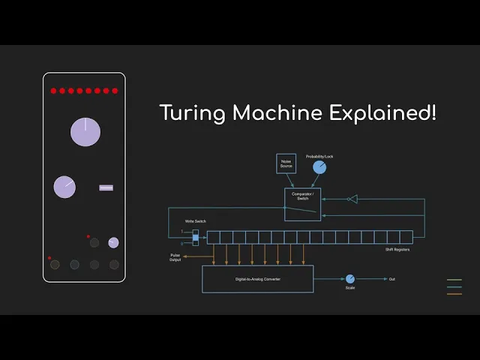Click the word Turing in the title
[x=193, y=114]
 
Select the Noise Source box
[x=286, y=163]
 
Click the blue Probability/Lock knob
[x=319, y=167]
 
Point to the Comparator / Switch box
[x=302, y=204]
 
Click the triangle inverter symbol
[x=352, y=199]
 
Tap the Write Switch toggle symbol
[x=195, y=237]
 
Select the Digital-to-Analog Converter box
[x=257, y=279]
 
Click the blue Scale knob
[x=349, y=279]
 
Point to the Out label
[x=391, y=279]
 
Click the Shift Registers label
[x=397, y=249]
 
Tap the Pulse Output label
[x=175, y=258]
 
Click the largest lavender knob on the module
[x=85, y=132]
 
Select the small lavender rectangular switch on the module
[x=106, y=187]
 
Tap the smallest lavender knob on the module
[x=113, y=242]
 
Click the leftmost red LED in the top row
[x=54, y=91]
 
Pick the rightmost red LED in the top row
[x=115, y=91]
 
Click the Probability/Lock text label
[x=319, y=156]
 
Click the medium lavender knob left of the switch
[x=64, y=187]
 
